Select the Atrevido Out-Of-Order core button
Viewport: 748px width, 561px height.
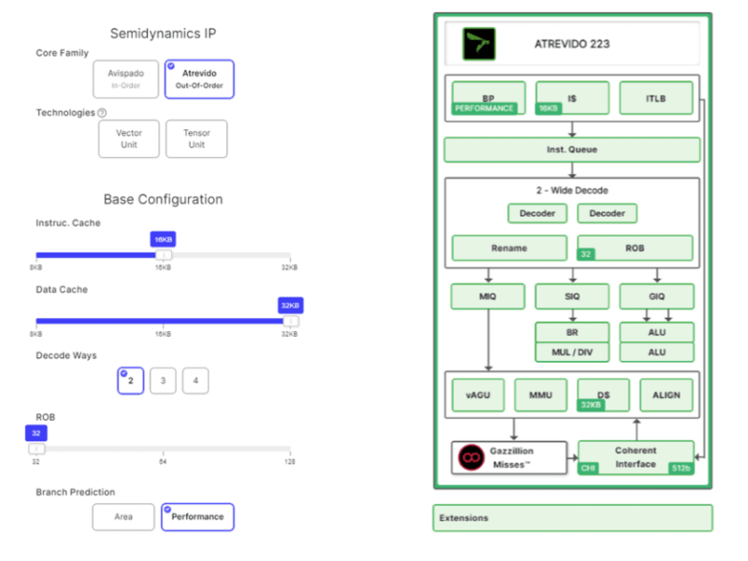click(x=198, y=79)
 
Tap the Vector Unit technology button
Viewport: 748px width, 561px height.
click(x=129, y=138)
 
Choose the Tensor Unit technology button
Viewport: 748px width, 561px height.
click(x=196, y=138)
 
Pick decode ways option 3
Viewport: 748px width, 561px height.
click(x=163, y=381)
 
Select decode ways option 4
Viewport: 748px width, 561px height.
click(x=195, y=381)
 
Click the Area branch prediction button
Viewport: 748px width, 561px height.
click(x=123, y=517)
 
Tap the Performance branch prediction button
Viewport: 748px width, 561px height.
click(x=197, y=517)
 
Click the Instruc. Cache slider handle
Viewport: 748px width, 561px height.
click(x=164, y=255)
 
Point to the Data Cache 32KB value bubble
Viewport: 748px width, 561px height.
click(x=290, y=306)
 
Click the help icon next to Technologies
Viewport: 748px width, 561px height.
click(x=102, y=113)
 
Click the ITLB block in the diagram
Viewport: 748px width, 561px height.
click(x=655, y=97)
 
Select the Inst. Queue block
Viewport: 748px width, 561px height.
click(x=571, y=150)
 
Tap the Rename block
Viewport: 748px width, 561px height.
click(x=509, y=248)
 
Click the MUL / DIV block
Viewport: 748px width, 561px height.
click(x=571, y=352)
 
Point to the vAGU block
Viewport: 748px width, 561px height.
click(x=478, y=395)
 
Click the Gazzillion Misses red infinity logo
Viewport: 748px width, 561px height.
click(x=471, y=457)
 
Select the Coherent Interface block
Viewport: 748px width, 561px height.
click(x=636, y=457)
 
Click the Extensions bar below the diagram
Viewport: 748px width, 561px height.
click(x=571, y=518)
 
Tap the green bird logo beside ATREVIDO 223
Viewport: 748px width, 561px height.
click(x=480, y=44)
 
